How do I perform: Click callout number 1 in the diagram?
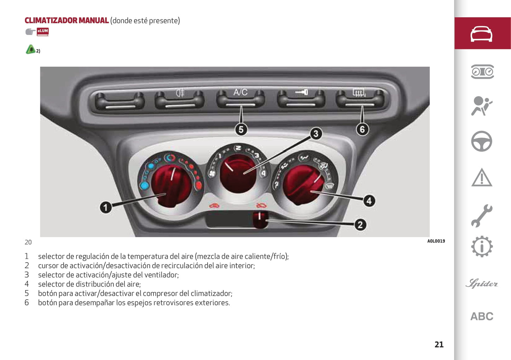pyautogui.click(x=105, y=207)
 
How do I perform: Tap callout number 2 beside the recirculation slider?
pyautogui.click(x=360, y=225)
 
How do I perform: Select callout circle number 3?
pyautogui.click(x=316, y=134)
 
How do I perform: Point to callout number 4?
pyautogui.click(x=369, y=201)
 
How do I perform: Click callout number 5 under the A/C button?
pyautogui.click(x=241, y=129)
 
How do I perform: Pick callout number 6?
pyautogui.click(x=362, y=129)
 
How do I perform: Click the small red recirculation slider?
pyautogui.click(x=260, y=219)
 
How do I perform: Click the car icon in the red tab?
pyautogui.click(x=481, y=34)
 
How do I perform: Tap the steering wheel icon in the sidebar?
pyautogui.click(x=481, y=141)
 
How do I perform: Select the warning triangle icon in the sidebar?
pyautogui.click(x=481, y=177)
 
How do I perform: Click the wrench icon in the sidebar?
pyautogui.click(x=481, y=216)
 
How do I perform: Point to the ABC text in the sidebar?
pyautogui.click(x=482, y=316)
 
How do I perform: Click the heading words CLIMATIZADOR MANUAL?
pyautogui.click(x=66, y=20)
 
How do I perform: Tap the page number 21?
pyautogui.click(x=439, y=344)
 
